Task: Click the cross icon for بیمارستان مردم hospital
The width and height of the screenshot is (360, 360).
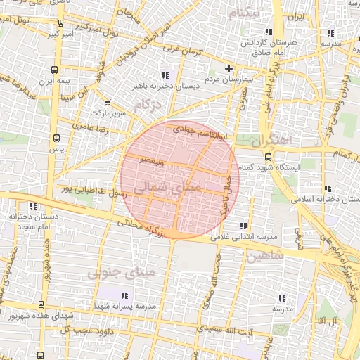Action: pos(229,68)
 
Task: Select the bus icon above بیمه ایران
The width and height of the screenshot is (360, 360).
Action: pos(55,70)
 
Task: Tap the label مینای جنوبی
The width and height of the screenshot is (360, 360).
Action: pos(115,273)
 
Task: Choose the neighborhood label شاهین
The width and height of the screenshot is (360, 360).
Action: pos(265,257)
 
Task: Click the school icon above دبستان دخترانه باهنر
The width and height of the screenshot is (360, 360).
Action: pos(165,75)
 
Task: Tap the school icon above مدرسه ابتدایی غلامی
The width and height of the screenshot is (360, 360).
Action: pos(243,226)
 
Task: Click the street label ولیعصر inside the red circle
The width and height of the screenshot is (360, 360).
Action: pos(153,162)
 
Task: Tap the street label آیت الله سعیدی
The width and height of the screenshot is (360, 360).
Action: pos(219,329)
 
